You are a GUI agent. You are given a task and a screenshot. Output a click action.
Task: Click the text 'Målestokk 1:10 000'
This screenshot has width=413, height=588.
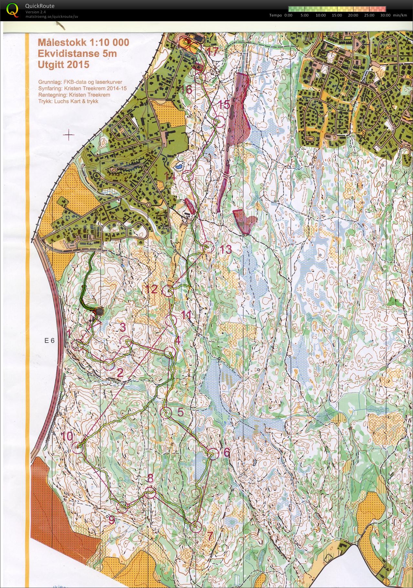(x=83, y=43)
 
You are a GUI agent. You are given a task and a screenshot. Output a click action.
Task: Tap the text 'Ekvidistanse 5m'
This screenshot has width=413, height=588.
(x=77, y=54)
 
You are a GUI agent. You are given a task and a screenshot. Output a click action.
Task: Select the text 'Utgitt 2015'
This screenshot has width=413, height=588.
(x=63, y=65)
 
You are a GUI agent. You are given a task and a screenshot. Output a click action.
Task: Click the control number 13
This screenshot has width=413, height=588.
(x=225, y=249)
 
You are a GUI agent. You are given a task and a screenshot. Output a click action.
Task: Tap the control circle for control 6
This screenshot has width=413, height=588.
(x=213, y=454)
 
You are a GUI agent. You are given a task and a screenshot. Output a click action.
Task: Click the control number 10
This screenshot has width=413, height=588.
(x=67, y=437)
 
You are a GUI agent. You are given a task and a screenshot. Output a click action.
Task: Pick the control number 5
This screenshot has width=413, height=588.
(x=180, y=412)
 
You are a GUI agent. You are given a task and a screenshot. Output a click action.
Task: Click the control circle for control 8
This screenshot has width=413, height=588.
(x=150, y=494)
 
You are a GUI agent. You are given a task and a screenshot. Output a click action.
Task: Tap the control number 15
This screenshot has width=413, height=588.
(x=224, y=105)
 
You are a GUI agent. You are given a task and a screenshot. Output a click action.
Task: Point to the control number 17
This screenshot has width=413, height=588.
(x=212, y=51)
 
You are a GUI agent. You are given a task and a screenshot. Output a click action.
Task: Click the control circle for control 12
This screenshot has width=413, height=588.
(x=167, y=291)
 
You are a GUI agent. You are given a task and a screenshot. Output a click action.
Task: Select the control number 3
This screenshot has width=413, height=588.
(x=123, y=327)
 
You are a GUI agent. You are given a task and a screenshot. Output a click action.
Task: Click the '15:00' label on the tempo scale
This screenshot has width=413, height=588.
(x=337, y=15)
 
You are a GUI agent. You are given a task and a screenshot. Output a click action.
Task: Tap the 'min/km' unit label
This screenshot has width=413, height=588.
(x=400, y=15)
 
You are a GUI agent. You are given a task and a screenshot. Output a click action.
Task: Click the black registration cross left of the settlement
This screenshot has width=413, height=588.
(x=69, y=135)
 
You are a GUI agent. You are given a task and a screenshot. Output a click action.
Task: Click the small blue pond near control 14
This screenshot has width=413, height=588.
(x=178, y=167)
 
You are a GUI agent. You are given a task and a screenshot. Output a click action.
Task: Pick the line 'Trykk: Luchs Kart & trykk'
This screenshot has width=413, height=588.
(x=68, y=101)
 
